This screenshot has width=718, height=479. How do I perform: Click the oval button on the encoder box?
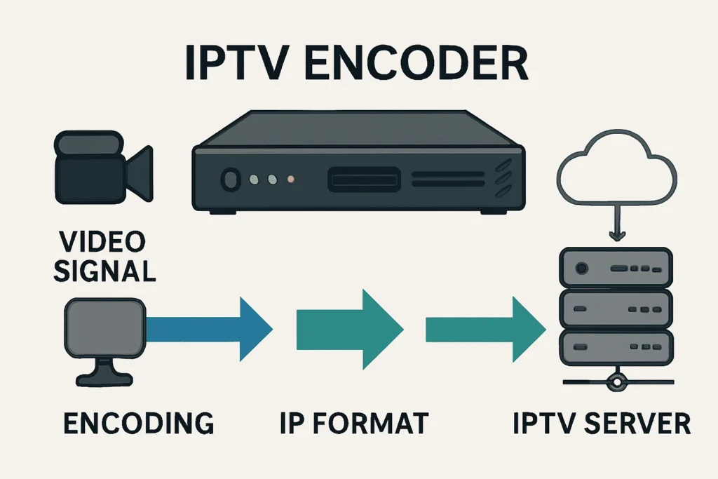click(229, 180)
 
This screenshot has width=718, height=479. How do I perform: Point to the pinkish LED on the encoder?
click(290, 180)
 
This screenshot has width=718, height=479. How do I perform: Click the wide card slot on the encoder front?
click(363, 180)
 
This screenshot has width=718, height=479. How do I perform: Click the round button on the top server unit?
click(581, 268)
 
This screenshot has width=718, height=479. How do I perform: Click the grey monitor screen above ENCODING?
click(103, 330)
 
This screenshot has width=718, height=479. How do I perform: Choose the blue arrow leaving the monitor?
click(210, 328)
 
